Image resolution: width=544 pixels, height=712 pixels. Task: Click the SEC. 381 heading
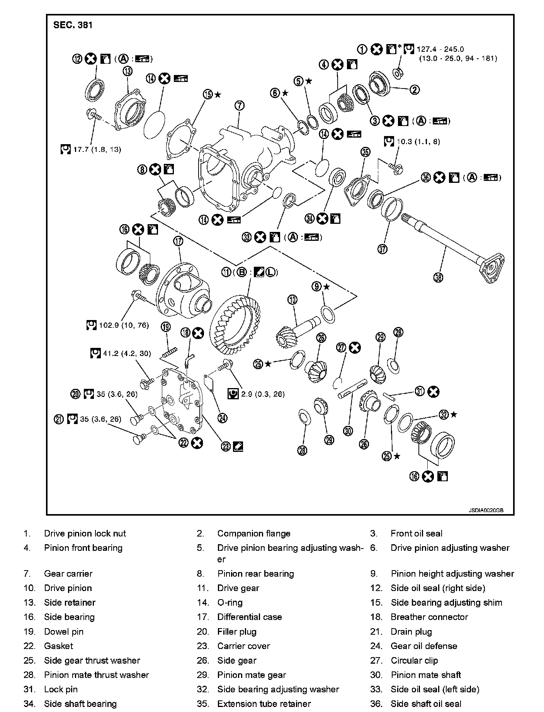pyautogui.click(x=73, y=25)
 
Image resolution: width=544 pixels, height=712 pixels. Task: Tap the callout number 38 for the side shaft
pyautogui.click(x=438, y=277)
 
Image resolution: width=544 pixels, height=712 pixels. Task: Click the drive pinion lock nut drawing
pyautogui.click(x=397, y=72)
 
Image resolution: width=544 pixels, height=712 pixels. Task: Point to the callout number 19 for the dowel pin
pyautogui.click(x=166, y=327)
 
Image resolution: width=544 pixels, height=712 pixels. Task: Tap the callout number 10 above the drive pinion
pyautogui.click(x=292, y=300)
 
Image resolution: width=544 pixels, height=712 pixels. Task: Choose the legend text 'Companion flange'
pyautogui.click(x=253, y=533)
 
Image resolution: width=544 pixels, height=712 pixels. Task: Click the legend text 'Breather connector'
pyautogui.click(x=429, y=617)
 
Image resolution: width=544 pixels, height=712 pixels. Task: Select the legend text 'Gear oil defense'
pyautogui.click(x=424, y=646)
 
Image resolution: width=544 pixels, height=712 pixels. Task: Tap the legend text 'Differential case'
pyautogui.click(x=249, y=617)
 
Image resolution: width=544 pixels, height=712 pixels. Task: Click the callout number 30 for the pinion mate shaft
pyautogui.click(x=348, y=431)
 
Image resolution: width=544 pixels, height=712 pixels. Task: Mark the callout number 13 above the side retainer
pyautogui.click(x=127, y=71)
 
